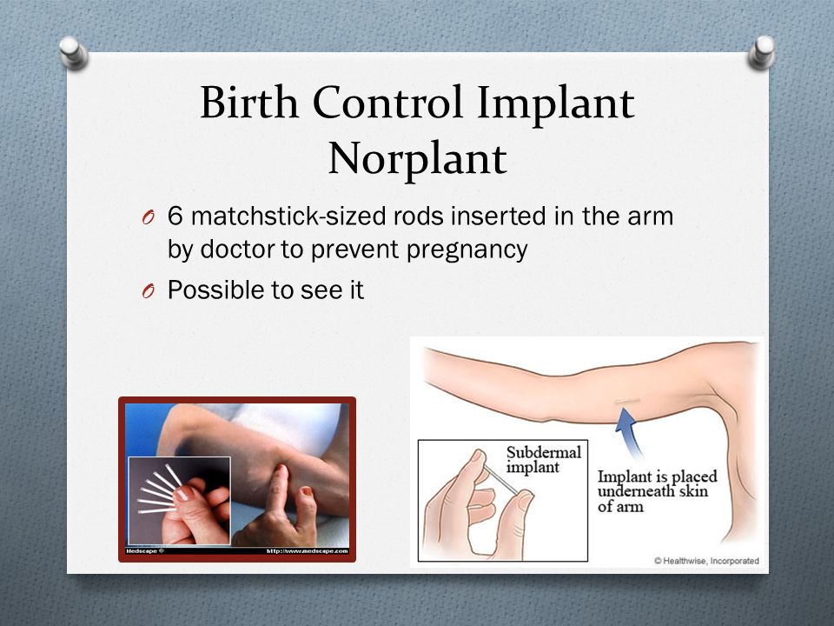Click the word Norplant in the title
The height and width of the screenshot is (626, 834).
[x=418, y=158]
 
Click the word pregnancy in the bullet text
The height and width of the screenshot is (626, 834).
[x=467, y=250]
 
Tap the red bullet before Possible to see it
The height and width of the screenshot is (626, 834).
[x=149, y=291]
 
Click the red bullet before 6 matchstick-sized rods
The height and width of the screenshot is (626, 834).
[x=149, y=217]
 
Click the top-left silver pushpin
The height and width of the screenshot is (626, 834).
[x=73, y=51]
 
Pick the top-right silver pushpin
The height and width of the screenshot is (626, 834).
[x=762, y=51]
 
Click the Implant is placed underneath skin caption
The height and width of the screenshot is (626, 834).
[x=657, y=490]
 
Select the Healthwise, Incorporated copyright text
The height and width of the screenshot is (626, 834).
[x=706, y=561]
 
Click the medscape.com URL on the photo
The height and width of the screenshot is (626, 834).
[x=307, y=551]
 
